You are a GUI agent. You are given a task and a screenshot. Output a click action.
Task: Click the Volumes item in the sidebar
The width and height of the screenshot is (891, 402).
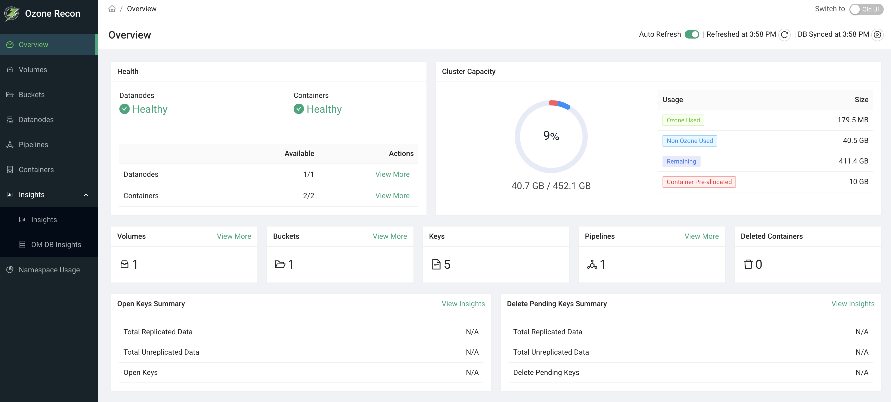pyautogui.click(x=33, y=70)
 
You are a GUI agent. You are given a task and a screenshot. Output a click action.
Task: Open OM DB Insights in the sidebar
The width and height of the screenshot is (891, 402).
pyautogui.click(x=56, y=244)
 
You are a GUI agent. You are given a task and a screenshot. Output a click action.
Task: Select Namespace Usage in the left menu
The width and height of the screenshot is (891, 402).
pyautogui.click(x=49, y=270)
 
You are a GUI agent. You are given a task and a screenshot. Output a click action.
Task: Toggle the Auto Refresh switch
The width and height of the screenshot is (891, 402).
pyautogui.click(x=692, y=34)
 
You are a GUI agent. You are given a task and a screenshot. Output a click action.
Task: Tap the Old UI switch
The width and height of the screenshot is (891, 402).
pyautogui.click(x=866, y=9)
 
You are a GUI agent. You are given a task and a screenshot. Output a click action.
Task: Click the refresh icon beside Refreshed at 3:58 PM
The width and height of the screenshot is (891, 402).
pyautogui.click(x=784, y=35)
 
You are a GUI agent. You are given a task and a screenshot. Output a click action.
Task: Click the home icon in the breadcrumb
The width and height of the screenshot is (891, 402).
pyautogui.click(x=112, y=9)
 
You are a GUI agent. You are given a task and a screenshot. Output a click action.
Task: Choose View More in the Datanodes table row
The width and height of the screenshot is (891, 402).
pyautogui.click(x=392, y=174)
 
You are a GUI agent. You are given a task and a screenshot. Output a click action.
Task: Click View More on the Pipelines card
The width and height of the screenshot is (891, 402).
pyautogui.click(x=701, y=236)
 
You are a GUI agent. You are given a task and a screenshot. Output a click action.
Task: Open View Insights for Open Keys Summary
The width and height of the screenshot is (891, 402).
pyautogui.click(x=463, y=304)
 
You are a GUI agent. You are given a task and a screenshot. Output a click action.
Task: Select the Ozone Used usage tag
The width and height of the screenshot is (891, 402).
pyautogui.click(x=683, y=120)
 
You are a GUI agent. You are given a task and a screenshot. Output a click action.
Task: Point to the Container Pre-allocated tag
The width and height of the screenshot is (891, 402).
pyautogui.click(x=699, y=182)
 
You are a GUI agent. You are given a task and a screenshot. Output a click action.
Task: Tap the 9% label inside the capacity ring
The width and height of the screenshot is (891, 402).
pyautogui.click(x=551, y=135)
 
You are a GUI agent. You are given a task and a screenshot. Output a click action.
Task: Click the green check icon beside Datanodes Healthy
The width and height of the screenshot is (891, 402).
pyautogui.click(x=125, y=109)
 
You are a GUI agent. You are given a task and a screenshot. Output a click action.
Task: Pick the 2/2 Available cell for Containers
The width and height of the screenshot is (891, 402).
pyautogui.click(x=308, y=196)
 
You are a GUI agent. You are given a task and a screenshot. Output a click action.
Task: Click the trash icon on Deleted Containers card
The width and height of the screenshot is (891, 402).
pyautogui.click(x=748, y=265)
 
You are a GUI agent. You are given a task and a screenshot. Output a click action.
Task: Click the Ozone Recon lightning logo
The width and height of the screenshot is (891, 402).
pyautogui.click(x=12, y=14)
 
